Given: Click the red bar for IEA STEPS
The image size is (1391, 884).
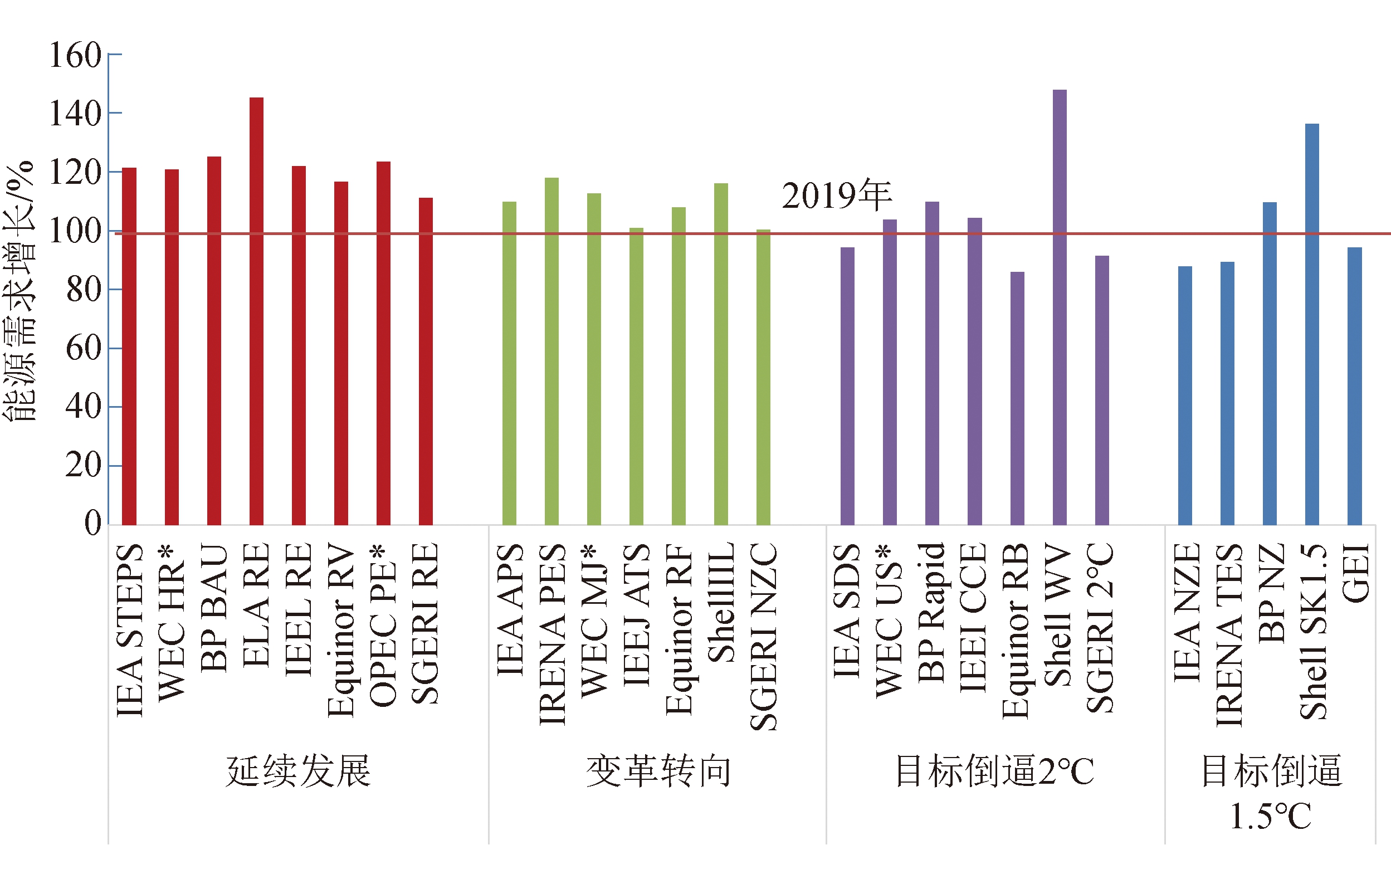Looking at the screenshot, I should [x=129, y=346].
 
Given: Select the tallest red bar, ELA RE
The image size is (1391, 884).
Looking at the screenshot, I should [x=256, y=312].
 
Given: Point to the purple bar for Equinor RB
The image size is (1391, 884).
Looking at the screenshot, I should [x=1017, y=399].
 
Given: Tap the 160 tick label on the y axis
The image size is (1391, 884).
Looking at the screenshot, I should [x=75, y=56].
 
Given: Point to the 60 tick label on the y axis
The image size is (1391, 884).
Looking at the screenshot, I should [x=83, y=348].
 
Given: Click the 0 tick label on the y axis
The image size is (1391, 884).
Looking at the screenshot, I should [x=92, y=523].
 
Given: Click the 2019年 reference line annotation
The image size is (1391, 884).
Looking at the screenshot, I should [x=837, y=196].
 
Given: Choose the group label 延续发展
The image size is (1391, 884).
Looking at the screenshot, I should [x=298, y=771].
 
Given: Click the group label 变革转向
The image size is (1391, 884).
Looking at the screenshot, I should [x=658, y=771].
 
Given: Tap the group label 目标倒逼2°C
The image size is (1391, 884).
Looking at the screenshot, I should [x=994, y=771].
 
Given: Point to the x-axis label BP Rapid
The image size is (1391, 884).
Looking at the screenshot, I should [x=931, y=612].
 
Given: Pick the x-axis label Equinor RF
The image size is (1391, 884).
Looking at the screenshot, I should [x=679, y=630].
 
